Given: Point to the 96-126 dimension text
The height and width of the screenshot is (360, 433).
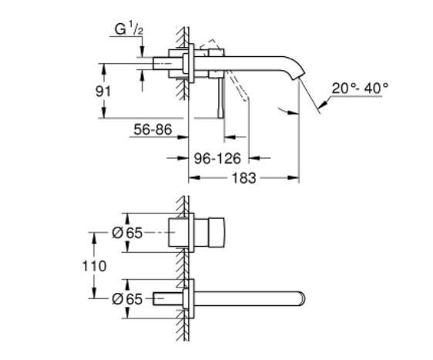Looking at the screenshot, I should pyautogui.click(x=216, y=159).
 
